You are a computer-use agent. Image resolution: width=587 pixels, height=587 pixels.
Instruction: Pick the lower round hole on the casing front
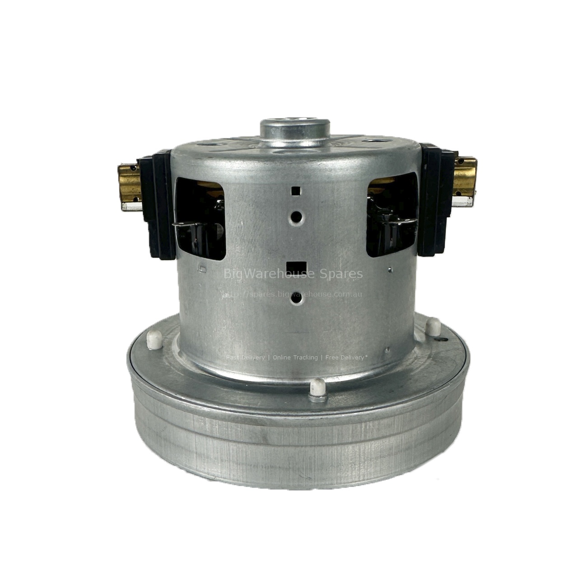tap(296, 299)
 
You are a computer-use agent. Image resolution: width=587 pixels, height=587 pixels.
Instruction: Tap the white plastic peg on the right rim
tap(434, 324)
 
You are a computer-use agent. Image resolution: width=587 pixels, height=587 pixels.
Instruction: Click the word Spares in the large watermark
tap(344, 274)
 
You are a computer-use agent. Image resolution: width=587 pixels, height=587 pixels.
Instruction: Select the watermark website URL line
tap(293, 294)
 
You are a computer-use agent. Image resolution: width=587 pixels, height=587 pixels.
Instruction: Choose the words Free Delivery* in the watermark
tap(346, 358)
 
